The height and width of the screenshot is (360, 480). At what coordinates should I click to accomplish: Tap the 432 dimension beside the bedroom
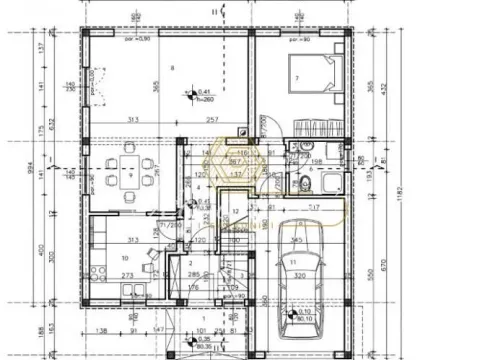click(384, 89)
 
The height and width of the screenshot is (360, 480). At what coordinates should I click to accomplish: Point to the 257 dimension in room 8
click(211, 120)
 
